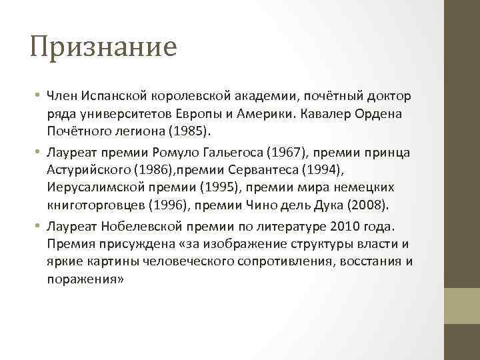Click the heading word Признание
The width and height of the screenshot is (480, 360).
[103, 47]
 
